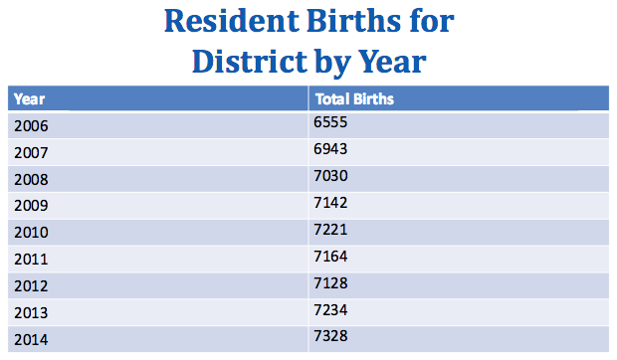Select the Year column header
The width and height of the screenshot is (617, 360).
(x=30, y=99)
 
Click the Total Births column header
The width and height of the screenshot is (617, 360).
(x=354, y=99)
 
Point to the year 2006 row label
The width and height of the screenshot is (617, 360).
(x=32, y=126)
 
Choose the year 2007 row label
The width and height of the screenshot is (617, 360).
(x=32, y=153)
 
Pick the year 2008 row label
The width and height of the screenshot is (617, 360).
(x=32, y=180)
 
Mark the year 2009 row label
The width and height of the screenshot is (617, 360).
(x=32, y=206)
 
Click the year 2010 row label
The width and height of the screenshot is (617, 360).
(x=32, y=233)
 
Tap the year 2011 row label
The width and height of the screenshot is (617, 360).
(x=32, y=260)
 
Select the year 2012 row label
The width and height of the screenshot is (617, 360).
(x=32, y=286)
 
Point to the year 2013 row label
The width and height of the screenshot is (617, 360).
(x=32, y=313)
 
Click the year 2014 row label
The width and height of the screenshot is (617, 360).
(x=32, y=340)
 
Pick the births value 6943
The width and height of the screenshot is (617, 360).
(x=331, y=149)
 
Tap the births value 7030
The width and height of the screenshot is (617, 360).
(x=331, y=176)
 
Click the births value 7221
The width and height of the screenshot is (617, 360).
(x=331, y=229)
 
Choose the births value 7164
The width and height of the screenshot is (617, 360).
(x=331, y=256)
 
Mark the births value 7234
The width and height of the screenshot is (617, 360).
(x=331, y=309)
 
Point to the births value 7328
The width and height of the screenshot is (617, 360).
(x=331, y=336)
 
